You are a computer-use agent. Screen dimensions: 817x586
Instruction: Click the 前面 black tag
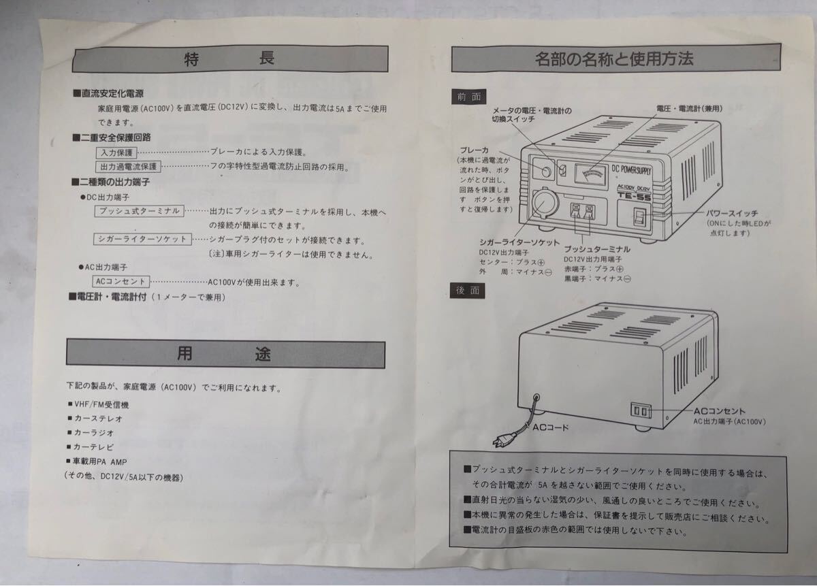coord(468,97)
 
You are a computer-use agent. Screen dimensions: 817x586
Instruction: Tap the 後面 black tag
coord(467,291)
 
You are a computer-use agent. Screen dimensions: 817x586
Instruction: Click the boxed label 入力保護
coord(116,152)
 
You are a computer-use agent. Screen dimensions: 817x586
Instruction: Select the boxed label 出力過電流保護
coord(128,167)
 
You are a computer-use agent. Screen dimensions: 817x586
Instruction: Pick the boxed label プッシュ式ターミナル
coord(140,211)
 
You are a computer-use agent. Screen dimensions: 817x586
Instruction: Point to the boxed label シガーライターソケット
coord(142,239)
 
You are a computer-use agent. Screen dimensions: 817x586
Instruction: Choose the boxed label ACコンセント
coord(121,282)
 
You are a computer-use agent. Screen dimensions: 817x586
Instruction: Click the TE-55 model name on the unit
coord(635,197)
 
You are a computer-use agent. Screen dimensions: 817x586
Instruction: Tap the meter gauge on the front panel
coord(590,174)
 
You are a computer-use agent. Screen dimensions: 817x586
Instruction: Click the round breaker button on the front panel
coord(546,172)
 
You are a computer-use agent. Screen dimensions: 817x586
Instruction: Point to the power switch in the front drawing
coord(639,217)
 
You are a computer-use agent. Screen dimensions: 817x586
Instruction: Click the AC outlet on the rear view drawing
coord(641,411)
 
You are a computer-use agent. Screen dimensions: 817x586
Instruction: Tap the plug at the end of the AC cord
coord(503,440)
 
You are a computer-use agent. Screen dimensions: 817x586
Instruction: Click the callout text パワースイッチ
coord(732,213)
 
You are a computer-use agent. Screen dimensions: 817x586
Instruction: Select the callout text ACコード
coord(551,427)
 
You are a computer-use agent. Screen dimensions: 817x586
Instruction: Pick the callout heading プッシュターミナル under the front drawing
coord(597,249)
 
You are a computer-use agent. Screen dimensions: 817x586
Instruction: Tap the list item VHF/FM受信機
coord(101,404)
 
